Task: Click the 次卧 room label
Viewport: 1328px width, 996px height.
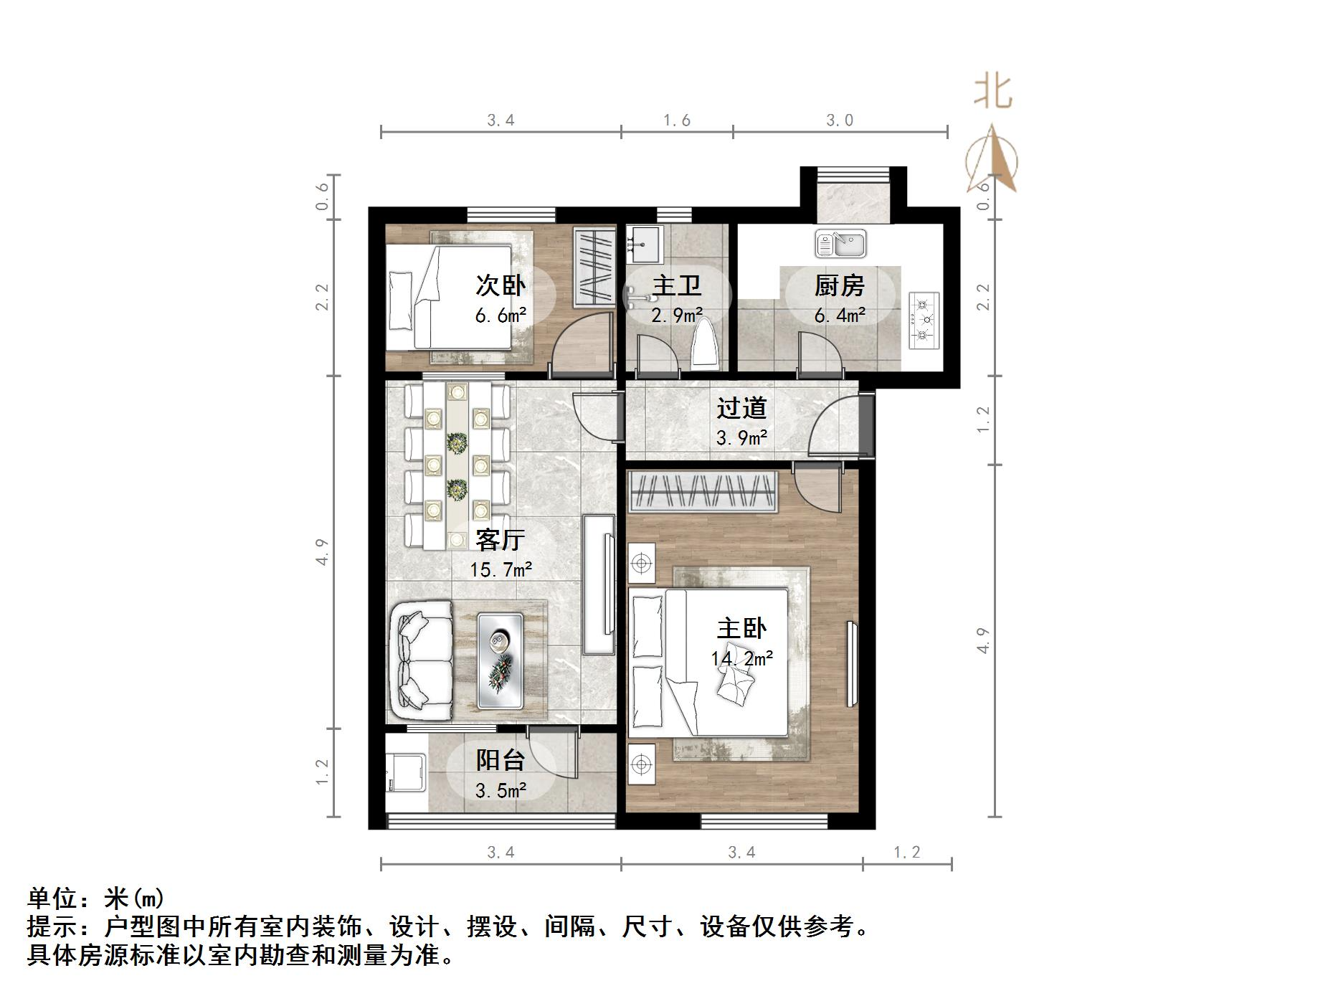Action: (500, 285)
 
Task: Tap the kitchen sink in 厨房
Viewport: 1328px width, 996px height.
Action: (840, 244)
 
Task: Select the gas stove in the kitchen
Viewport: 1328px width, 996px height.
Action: (924, 320)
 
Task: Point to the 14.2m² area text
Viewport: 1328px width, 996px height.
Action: (741, 658)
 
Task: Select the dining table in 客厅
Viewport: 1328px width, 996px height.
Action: (457, 466)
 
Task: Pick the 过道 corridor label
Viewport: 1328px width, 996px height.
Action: (741, 408)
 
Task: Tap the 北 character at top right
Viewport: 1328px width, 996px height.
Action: (992, 92)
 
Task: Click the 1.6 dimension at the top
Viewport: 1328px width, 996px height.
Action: (676, 120)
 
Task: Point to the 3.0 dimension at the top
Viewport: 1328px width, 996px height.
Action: (839, 120)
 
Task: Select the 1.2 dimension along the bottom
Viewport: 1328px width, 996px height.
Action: (906, 852)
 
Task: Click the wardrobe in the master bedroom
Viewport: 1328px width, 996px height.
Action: (703, 492)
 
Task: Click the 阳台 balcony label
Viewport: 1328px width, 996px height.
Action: (500, 759)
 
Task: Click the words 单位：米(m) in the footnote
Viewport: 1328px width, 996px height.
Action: (96, 898)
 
